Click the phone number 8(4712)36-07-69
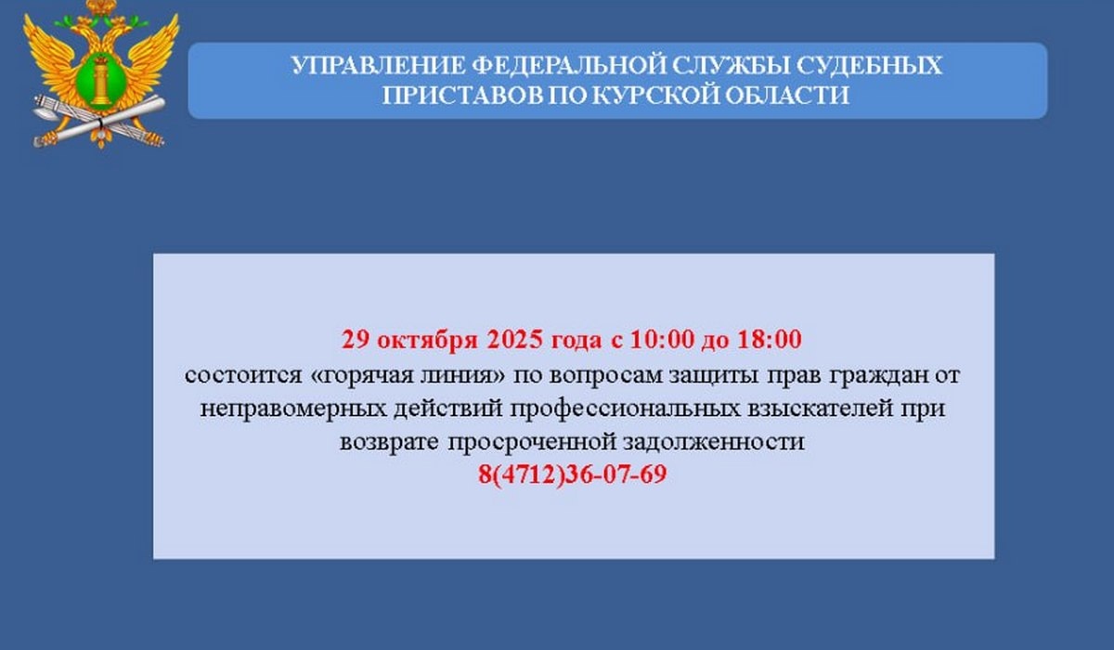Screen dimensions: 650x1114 pos(573,475)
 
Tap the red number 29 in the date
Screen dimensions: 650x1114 pos(356,340)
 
